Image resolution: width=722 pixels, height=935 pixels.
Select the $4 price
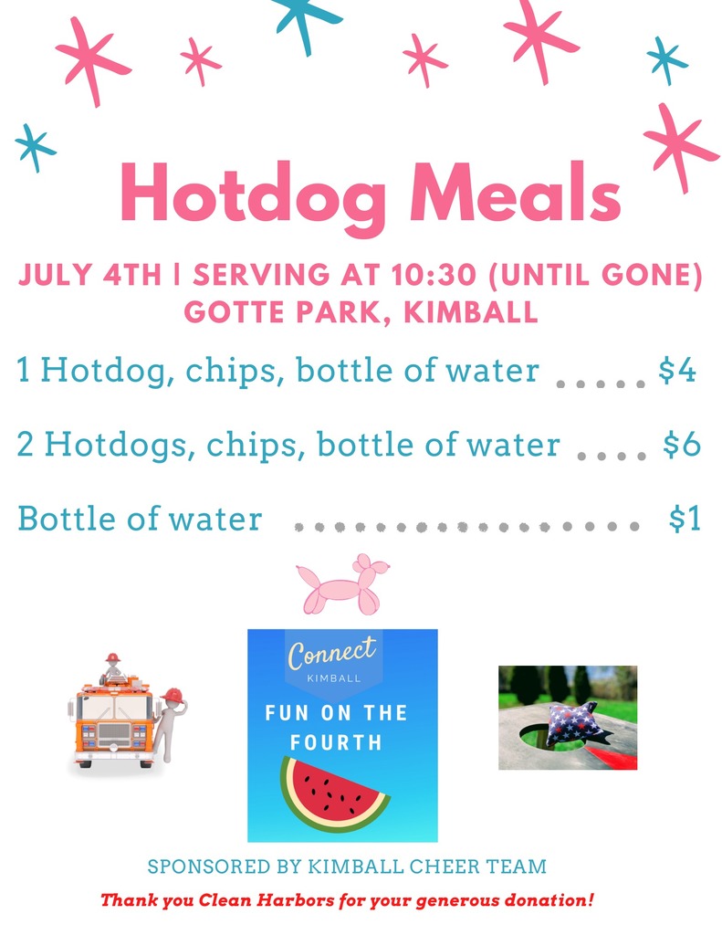coord(677,370)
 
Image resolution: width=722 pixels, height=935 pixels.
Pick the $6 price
coord(682,444)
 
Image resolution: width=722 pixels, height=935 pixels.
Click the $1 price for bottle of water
coord(685,518)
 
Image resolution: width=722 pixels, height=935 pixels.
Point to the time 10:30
coord(434,274)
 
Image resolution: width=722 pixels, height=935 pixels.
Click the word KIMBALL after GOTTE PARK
coord(471,311)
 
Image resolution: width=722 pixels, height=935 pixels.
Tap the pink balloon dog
coord(344,584)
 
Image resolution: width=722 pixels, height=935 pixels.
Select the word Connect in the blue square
coord(332,652)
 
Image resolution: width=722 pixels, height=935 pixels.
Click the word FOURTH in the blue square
coord(336,742)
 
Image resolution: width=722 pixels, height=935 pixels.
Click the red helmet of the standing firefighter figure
coord(173,695)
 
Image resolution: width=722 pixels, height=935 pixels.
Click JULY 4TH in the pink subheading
coord(90,274)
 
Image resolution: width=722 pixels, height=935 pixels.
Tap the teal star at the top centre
coord(307,21)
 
